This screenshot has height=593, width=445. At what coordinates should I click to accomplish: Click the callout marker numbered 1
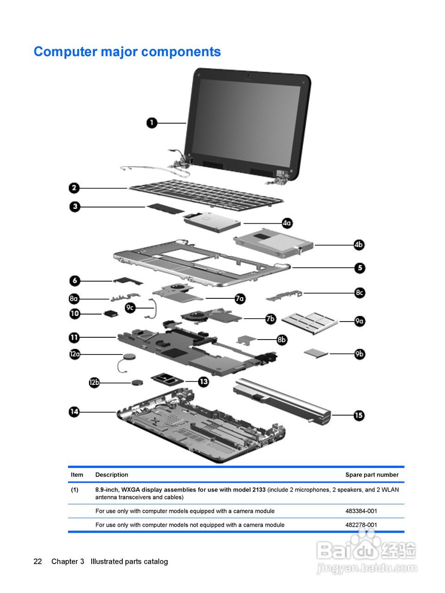tap(152, 123)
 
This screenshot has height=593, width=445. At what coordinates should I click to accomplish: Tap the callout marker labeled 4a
tap(287, 223)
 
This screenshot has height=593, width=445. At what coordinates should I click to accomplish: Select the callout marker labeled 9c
tap(131, 307)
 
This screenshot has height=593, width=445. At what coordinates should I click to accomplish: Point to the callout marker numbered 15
tap(359, 415)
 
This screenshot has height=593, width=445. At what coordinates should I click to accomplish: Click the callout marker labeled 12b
tap(94, 383)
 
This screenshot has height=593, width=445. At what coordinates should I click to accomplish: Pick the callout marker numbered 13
tap(203, 382)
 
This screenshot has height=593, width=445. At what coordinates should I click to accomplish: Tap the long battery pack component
tap(282, 401)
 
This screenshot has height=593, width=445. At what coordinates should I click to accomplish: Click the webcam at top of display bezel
tap(249, 75)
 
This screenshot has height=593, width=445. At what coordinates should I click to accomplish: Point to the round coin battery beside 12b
tap(138, 383)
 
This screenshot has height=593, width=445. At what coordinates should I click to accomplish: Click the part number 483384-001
tap(361, 511)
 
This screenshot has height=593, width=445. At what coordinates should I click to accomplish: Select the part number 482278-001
tap(361, 525)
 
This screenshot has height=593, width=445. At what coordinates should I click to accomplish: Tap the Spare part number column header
tap(372, 474)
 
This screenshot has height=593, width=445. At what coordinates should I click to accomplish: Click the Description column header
tap(112, 474)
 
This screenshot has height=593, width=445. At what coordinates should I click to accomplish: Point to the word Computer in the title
tap(65, 51)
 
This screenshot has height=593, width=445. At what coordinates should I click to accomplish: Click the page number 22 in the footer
tap(38, 561)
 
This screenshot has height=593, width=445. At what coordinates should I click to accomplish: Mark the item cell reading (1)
tap(75, 490)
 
